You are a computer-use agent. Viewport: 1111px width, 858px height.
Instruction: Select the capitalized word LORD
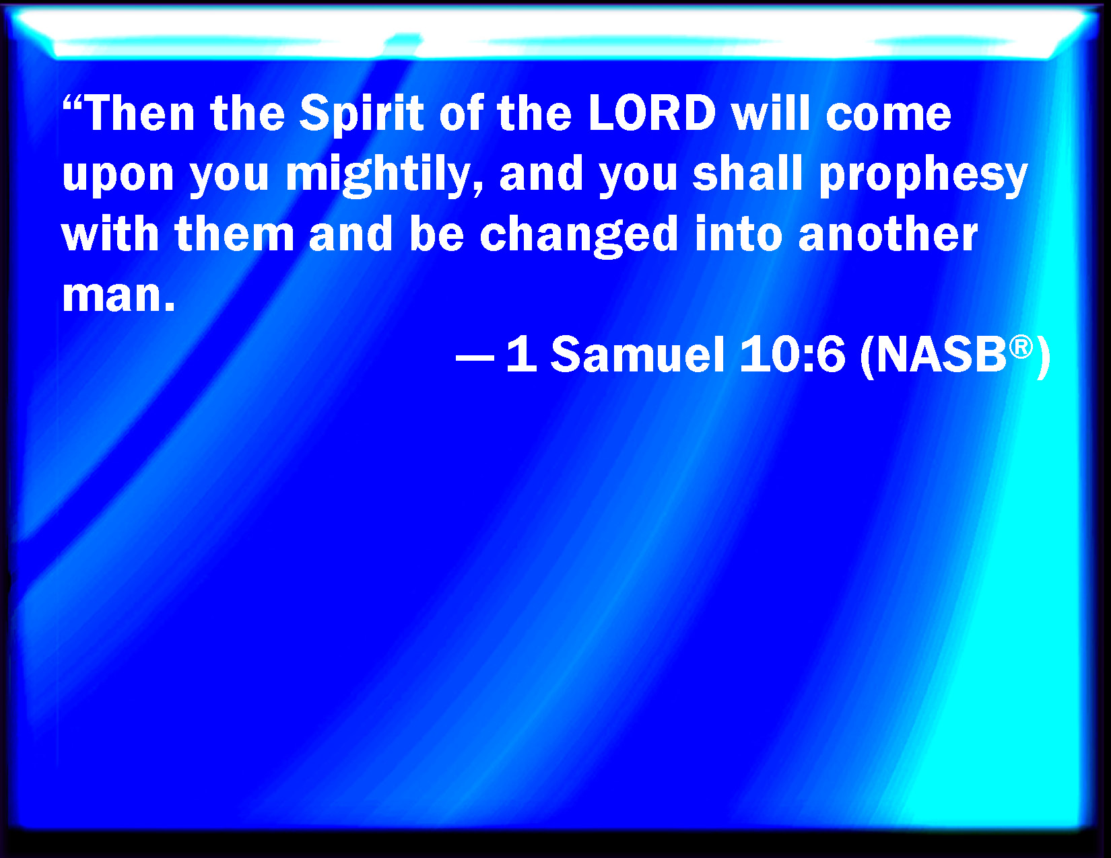tap(652, 113)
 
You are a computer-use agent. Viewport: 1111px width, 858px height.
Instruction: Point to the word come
tap(889, 116)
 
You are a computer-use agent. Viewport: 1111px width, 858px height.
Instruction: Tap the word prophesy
tap(923, 175)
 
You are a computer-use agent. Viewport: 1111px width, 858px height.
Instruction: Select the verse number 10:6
tap(792, 355)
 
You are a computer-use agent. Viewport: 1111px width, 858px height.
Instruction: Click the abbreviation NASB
tap(941, 355)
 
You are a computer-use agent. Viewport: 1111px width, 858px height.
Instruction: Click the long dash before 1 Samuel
tap(475, 358)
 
